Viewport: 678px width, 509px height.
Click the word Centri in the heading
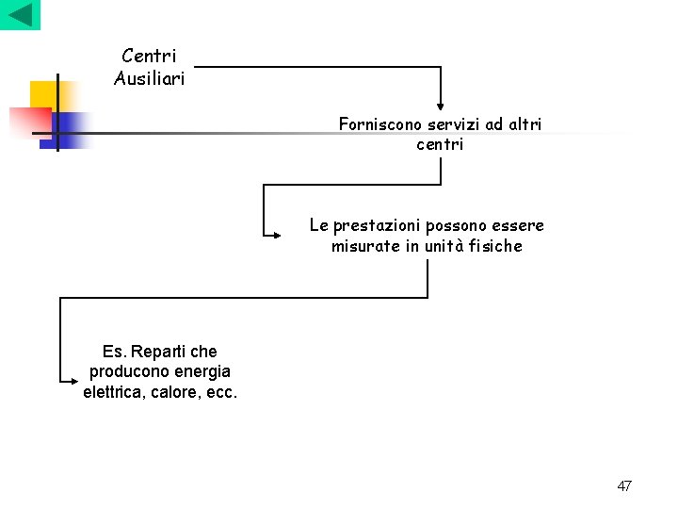(x=149, y=57)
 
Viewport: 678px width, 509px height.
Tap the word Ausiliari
(x=149, y=78)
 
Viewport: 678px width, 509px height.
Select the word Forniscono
(x=380, y=124)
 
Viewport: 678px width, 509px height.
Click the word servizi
(x=453, y=124)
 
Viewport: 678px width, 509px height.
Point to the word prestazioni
(x=375, y=226)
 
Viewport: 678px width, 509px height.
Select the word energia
(x=197, y=371)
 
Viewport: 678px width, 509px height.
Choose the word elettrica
(x=118, y=391)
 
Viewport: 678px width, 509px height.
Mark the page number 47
(x=624, y=485)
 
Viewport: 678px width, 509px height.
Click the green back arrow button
(x=20, y=15)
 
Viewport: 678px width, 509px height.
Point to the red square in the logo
(x=28, y=122)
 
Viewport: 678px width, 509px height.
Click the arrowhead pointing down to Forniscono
(x=440, y=107)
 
